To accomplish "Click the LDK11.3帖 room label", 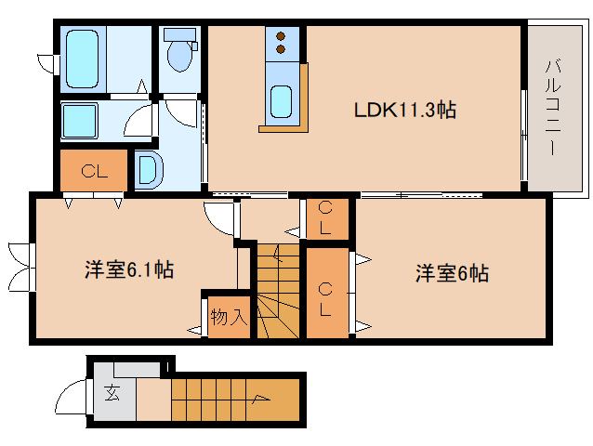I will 404,110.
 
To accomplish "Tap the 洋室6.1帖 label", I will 129,270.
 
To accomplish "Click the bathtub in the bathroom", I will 83,58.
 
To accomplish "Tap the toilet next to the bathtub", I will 179,50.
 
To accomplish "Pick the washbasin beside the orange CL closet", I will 148,169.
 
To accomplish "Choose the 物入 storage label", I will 228,318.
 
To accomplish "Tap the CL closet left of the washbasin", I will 92,170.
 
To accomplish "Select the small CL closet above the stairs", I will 327,217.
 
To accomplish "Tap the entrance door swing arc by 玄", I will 72,400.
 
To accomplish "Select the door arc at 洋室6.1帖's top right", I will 219,218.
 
